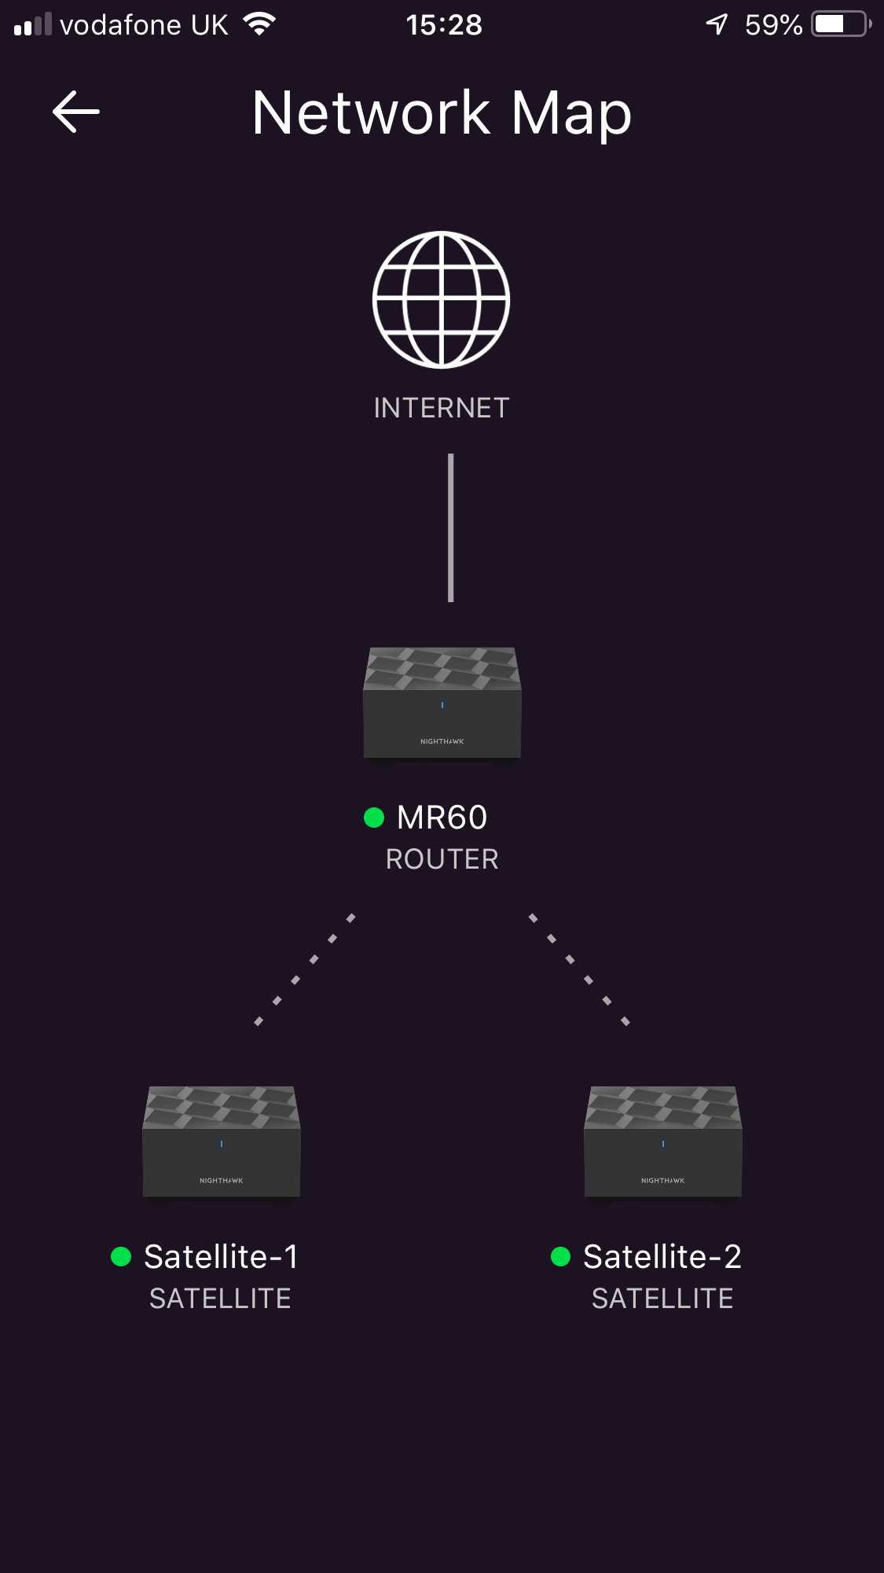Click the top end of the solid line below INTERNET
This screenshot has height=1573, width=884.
pyautogui.click(x=451, y=454)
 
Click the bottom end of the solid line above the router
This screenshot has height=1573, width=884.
pyautogui.click(x=451, y=601)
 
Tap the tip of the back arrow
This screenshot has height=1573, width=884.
pyautogui.click(x=53, y=112)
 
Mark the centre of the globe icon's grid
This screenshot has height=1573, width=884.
pyautogui.click(x=442, y=300)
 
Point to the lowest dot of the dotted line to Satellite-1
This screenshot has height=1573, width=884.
pyautogui.click(x=259, y=1021)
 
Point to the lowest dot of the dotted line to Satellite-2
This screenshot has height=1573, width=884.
pyautogui.click(x=625, y=1021)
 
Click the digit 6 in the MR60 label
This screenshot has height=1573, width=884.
pyautogui.click(x=458, y=818)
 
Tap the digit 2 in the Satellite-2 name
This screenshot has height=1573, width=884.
pyautogui.click(x=732, y=1257)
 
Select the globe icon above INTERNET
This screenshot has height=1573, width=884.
pyautogui.click(x=442, y=300)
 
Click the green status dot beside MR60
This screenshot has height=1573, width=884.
pyautogui.click(x=374, y=818)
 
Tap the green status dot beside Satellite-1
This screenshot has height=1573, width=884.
pyautogui.click(x=121, y=1257)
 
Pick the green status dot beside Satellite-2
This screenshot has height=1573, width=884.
pyautogui.click(x=560, y=1257)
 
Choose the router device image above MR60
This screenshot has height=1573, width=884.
pyautogui.click(x=442, y=705)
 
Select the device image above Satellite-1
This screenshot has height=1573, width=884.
pyautogui.click(x=222, y=1145)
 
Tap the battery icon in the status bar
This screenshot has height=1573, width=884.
pyautogui.click(x=842, y=24)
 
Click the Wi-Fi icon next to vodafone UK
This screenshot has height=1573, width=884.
pyautogui.click(x=259, y=24)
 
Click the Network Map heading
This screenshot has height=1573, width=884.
pyautogui.click(x=442, y=112)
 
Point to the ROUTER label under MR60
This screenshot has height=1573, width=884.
pyautogui.click(x=442, y=859)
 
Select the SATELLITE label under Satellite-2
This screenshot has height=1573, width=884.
pyautogui.click(x=662, y=1299)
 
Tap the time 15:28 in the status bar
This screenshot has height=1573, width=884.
pyautogui.click(x=444, y=25)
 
